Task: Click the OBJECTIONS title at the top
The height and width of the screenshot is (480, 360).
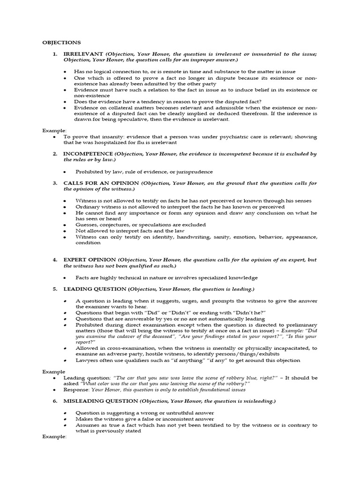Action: [x=61, y=42]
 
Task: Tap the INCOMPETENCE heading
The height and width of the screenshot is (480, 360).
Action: [x=88, y=154]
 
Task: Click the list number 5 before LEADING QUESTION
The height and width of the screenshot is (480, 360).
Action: [x=54, y=289]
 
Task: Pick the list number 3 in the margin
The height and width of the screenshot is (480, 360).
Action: [x=54, y=183]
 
